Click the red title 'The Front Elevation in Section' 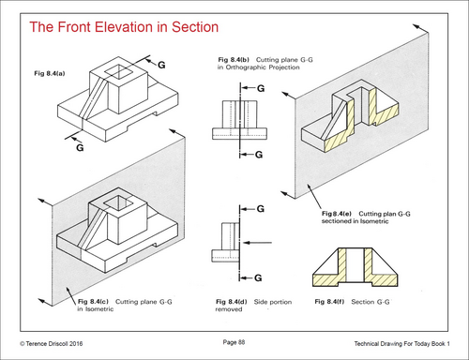[x=124, y=27]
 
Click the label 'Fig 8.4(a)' [x=50, y=74]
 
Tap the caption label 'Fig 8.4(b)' [x=234, y=60]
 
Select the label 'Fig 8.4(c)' [x=93, y=302]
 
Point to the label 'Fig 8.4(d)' [x=232, y=302]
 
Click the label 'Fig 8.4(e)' [x=337, y=214]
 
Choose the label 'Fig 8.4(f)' [x=329, y=302]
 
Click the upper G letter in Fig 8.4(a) [x=161, y=65]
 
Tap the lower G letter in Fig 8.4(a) [x=80, y=147]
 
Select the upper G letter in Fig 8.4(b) [x=261, y=88]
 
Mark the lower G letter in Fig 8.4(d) [x=258, y=277]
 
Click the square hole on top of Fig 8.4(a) [x=118, y=71]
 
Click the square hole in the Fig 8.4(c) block [x=118, y=202]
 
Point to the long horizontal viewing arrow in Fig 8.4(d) [x=258, y=243]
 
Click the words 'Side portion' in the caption [x=273, y=302]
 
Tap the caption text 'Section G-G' [x=371, y=302]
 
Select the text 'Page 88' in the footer [x=234, y=342]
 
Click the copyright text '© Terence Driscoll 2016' [x=52, y=344]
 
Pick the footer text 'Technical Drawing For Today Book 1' [x=401, y=344]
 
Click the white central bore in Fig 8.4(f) [x=356, y=264]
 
